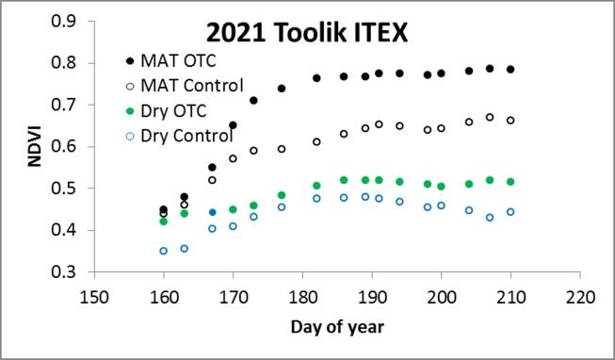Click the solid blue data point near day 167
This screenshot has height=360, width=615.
click(212, 213)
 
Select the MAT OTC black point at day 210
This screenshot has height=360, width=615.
click(510, 70)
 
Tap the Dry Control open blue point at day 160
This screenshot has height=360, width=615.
click(163, 251)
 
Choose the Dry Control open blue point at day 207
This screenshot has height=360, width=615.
click(490, 218)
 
